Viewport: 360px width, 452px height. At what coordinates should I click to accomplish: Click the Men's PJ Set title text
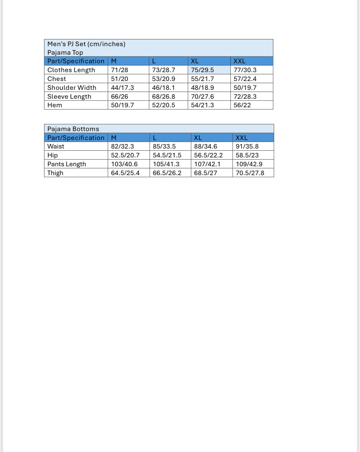[x=86, y=44]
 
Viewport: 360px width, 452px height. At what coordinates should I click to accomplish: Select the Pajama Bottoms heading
[x=73, y=129]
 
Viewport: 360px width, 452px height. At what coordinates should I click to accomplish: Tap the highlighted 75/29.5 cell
[x=202, y=70]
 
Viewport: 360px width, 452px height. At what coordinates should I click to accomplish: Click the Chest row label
[x=57, y=79]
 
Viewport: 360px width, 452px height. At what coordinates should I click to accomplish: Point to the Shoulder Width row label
[x=72, y=88]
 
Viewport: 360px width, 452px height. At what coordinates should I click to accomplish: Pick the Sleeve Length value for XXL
[x=245, y=97]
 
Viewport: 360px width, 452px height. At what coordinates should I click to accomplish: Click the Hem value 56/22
[x=242, y=105]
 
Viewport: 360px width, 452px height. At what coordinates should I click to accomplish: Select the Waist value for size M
[x=122, y=146]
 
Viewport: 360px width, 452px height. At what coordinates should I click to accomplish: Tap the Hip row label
[x=53, y=155]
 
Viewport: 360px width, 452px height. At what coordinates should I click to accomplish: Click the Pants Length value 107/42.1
[x=207, y=164]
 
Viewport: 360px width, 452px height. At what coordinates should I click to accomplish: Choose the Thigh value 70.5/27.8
[x=250, y=173]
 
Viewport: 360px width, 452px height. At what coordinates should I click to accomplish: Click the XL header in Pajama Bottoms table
[x=198, y=138]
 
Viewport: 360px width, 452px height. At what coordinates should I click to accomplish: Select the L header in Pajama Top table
[x=154, y=61]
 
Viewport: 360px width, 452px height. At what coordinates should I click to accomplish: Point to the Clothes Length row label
[x=71, y=70]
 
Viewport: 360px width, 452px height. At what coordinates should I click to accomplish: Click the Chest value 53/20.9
[x=164, y=79]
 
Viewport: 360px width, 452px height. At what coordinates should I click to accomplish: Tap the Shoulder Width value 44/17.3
[x=122, y=88]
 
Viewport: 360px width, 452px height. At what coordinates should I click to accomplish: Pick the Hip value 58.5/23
[x=247, y=155]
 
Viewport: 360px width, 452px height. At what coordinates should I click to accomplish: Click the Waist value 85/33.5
[x=164, y=146]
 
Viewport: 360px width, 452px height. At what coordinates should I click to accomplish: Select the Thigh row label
[x=55, y=173]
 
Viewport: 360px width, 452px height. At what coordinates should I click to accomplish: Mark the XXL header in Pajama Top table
[x=239, y=61]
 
